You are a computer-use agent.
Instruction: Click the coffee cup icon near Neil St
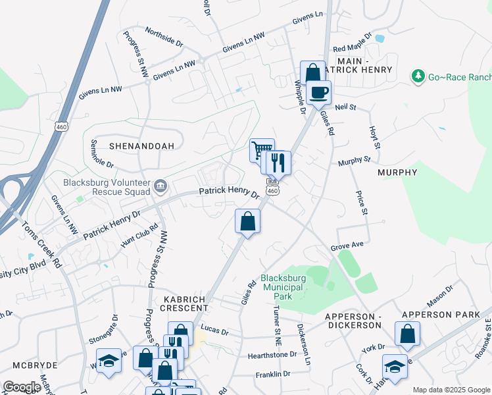coord(319,93)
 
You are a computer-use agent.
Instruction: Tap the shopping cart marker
coord(262,151)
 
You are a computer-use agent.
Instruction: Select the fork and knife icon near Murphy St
coord(280,162)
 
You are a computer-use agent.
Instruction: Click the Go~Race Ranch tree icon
coord(418,77)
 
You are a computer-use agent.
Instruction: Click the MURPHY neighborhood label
coord(398,172)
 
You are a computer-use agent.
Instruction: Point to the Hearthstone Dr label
coord(272,355)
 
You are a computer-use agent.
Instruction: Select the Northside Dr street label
coord(164,37)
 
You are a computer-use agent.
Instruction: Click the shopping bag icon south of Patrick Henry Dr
coord(247,221)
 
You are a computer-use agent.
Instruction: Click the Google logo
coord(21,387)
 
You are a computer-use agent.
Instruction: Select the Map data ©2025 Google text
coord(451,390)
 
